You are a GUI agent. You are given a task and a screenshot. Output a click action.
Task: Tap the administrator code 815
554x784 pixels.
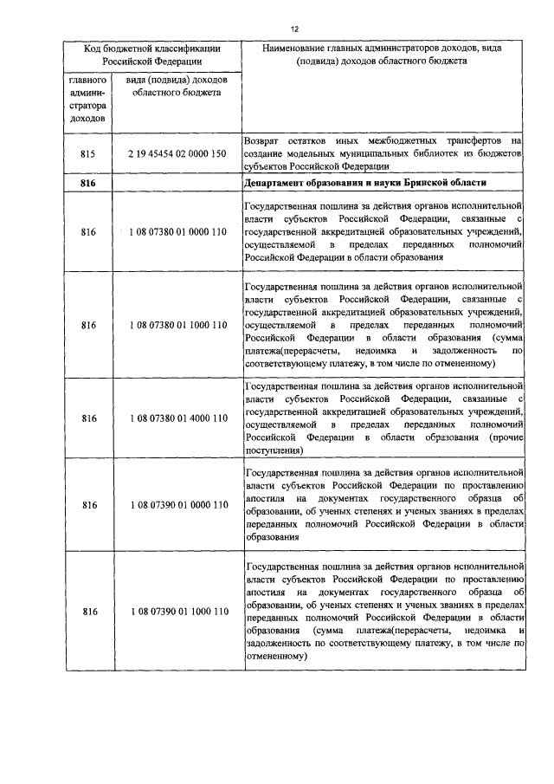pyautogui.click(x=88, y=152)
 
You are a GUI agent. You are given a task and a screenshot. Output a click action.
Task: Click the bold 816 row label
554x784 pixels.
pyautogui.click(x=88, y=184)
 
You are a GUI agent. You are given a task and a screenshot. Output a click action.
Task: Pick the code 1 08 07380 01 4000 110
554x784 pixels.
pyautogui.click(x=178, y=418)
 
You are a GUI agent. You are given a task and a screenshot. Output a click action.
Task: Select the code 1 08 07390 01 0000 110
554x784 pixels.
pyautogui.click(x=178, y=504)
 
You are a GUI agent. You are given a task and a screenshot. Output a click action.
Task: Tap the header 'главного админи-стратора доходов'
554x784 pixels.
pyautogui.click(x=88, y=99)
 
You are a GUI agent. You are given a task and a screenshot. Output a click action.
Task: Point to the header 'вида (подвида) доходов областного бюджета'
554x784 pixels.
pyautogui.click(x=176, y=87)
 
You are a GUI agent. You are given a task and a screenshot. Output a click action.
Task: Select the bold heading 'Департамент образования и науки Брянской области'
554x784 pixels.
pyautogui.click(x=366, y=184)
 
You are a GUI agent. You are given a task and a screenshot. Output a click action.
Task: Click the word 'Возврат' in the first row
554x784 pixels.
pyautogui.click(x=261, y=139)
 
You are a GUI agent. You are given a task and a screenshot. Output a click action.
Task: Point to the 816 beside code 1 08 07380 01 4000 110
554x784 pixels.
pyautogui.click(x=88, y=418)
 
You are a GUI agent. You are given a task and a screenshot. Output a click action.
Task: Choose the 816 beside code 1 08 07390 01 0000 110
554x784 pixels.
pyautogui.click(x=88, y=504)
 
